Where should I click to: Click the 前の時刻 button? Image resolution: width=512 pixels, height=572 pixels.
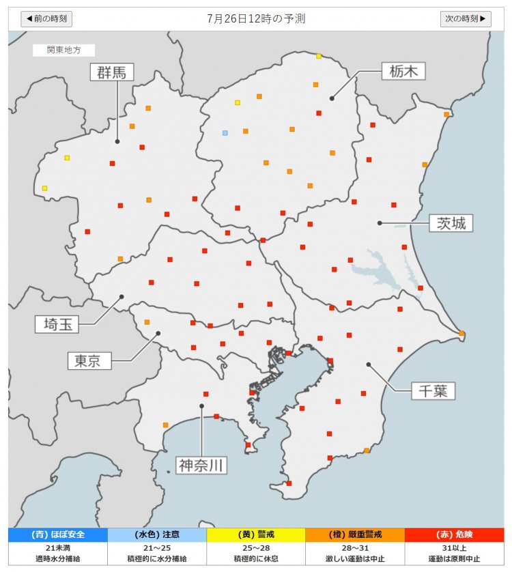click(x=46, y=18)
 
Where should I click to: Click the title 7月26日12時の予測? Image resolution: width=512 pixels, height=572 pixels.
click(x=256, y=18)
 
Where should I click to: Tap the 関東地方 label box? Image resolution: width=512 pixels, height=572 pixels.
click(x=63, y=50)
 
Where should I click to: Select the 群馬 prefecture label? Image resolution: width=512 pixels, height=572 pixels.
click(x=113, y=72)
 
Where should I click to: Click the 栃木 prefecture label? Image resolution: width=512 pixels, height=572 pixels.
click(x=403, y=70)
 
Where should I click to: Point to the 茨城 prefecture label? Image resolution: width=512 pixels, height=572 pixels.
click(x=451, y=223)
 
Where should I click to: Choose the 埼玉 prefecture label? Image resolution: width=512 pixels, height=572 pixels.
click(x=57, y=324)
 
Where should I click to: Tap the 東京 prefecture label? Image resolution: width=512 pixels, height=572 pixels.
click(x=89, y=360)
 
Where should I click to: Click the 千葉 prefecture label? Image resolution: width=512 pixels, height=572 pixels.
click(x=433, y=390)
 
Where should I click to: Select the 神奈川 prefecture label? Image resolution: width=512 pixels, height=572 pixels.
click(x=201, y=466)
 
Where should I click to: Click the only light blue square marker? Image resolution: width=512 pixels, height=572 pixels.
click(x=225, y=132)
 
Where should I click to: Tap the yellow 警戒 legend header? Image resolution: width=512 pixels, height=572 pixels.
click(x=255, y=534)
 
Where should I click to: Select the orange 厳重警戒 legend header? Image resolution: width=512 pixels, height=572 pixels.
click(x=355, y=534)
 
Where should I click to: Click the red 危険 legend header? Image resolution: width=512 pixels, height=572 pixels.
click(x=454, y=534)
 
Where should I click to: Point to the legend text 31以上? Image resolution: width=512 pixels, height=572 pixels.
click(x=454, y=548)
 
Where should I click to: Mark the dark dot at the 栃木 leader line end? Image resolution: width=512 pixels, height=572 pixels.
click(x=332, y=98)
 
